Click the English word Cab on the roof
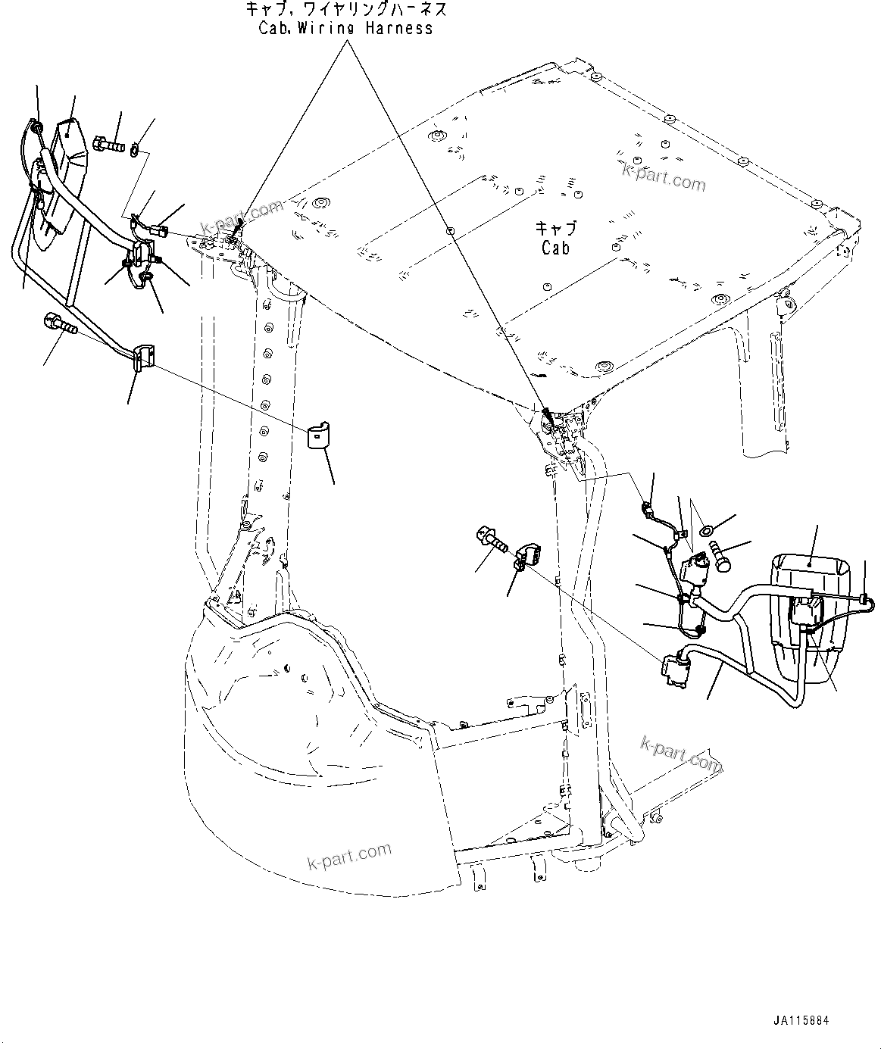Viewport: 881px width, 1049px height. coord(556,248)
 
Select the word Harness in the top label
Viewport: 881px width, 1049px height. coord(396,28)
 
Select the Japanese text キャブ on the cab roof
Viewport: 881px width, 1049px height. coord(555,228)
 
